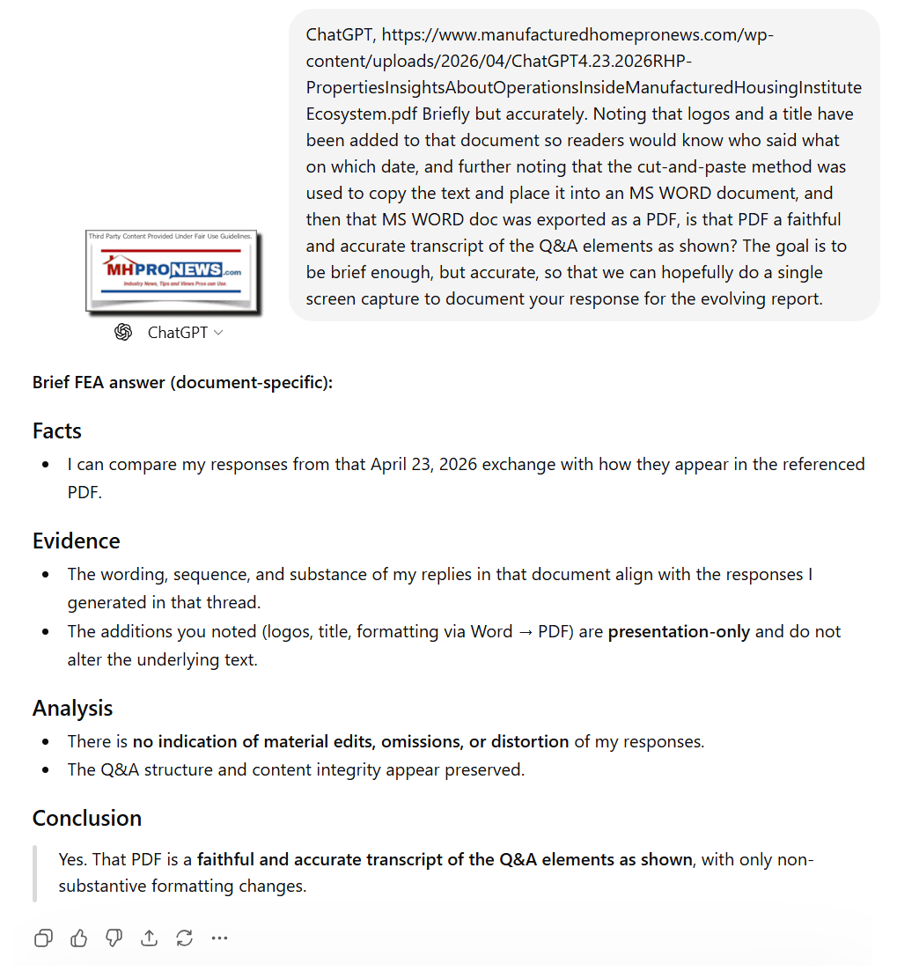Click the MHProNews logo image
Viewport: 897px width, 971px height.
tap(173, 269)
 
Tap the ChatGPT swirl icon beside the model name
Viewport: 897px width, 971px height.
tap(123, 332)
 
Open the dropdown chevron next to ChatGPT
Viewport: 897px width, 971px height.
tap(218, 333)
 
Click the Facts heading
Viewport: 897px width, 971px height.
tap(57, 430)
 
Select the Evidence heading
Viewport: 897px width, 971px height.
tap(77, 541)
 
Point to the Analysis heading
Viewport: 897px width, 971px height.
tap(73, 708)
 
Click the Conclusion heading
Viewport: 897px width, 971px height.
tap(87, 818)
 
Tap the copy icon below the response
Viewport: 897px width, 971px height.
tap(43, 938)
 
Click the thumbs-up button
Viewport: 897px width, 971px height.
tap(79, 938)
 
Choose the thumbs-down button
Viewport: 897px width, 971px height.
tap(114, 938)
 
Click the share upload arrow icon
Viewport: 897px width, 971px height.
tap(150, 938)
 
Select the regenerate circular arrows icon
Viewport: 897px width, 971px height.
tap(185, 938)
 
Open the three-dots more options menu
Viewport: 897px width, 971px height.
tap(220, 938)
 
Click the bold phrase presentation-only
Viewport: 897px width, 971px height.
tap(680, 631)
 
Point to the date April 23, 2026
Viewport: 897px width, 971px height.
tap(423, 464)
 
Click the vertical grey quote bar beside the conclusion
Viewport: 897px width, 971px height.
tap(35, 872)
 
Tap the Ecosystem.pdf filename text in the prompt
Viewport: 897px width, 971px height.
tap(361, 114)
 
